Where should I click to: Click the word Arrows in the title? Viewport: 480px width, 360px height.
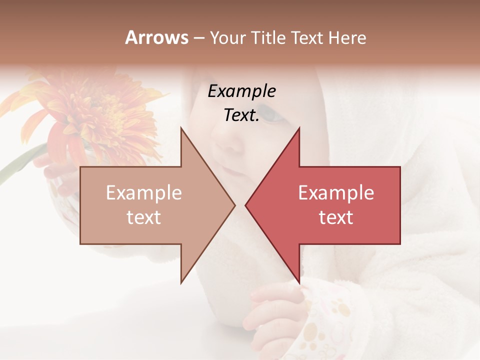point(156,37)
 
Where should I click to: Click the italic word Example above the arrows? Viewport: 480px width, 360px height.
point(241,91)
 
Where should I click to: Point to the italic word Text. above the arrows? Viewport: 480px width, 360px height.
point(241,115)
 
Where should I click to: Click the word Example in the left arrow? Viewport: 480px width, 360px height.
point(143,192)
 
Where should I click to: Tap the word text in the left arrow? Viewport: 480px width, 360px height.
point(143,217)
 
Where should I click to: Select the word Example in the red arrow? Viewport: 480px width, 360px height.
point(336,192)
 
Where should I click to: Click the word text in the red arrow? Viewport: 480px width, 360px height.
point(336,217)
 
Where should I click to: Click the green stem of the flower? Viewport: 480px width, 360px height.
point(20,162)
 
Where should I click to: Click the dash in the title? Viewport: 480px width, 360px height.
point(198,38)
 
